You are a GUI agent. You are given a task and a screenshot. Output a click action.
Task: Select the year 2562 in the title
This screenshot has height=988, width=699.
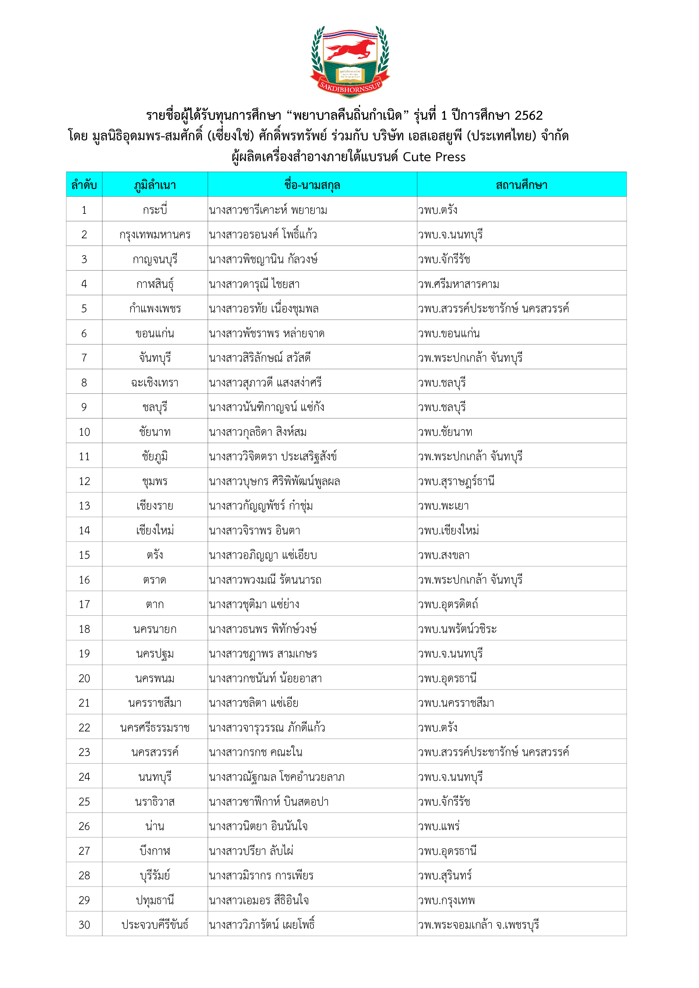point(528,115)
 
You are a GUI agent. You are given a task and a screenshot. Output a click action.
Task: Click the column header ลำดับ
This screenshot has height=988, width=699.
point(84,185)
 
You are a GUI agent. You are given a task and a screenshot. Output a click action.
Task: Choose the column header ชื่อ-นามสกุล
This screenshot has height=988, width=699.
point(312,185)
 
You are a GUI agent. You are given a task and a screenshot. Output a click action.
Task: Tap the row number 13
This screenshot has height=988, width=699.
point(84,506)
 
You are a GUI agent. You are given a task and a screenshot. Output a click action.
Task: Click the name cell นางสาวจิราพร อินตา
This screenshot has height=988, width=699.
point(255,531)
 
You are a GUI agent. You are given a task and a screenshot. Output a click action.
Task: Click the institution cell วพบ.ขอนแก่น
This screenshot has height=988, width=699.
point(449,333)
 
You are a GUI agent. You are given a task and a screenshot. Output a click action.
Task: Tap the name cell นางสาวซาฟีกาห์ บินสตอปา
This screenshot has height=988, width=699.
point(268,802)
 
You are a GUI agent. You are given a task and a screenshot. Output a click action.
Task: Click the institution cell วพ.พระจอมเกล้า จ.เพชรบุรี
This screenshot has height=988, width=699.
point(478,925)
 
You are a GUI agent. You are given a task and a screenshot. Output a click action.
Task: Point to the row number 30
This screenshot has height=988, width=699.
point(84,925)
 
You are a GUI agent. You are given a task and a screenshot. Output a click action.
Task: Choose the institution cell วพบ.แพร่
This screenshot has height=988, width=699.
point(439,826)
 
